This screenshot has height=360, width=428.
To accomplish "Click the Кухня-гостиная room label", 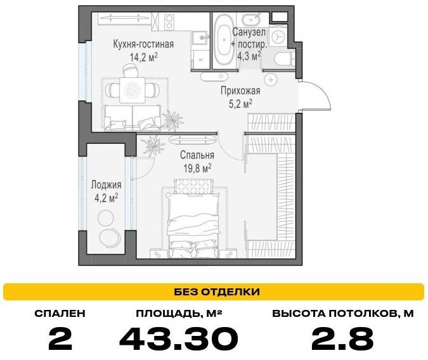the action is [143, 44].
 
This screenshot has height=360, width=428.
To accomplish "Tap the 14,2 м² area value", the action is [143, 57].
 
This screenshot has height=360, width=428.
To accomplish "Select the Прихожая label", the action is [240, 91].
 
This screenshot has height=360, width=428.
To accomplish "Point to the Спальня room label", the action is [197, 155].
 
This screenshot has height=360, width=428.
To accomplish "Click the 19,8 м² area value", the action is [197, 168].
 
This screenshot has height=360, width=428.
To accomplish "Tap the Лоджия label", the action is [106, 185].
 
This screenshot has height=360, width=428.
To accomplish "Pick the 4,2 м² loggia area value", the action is [106, 198].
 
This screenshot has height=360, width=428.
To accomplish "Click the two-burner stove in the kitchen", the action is [169, 22].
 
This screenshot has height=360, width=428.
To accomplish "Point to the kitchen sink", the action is [200, 37].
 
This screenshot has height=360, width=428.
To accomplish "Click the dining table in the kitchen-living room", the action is [133, 90].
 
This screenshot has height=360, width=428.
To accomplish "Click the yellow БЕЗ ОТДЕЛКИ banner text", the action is [217, 292].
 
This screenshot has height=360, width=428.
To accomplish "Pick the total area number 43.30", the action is [179, 338].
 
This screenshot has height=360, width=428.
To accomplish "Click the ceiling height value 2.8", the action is [342, 338].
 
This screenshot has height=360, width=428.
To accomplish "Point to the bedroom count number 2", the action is [60, 338].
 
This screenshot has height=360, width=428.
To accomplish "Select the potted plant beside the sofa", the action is [172, 119].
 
